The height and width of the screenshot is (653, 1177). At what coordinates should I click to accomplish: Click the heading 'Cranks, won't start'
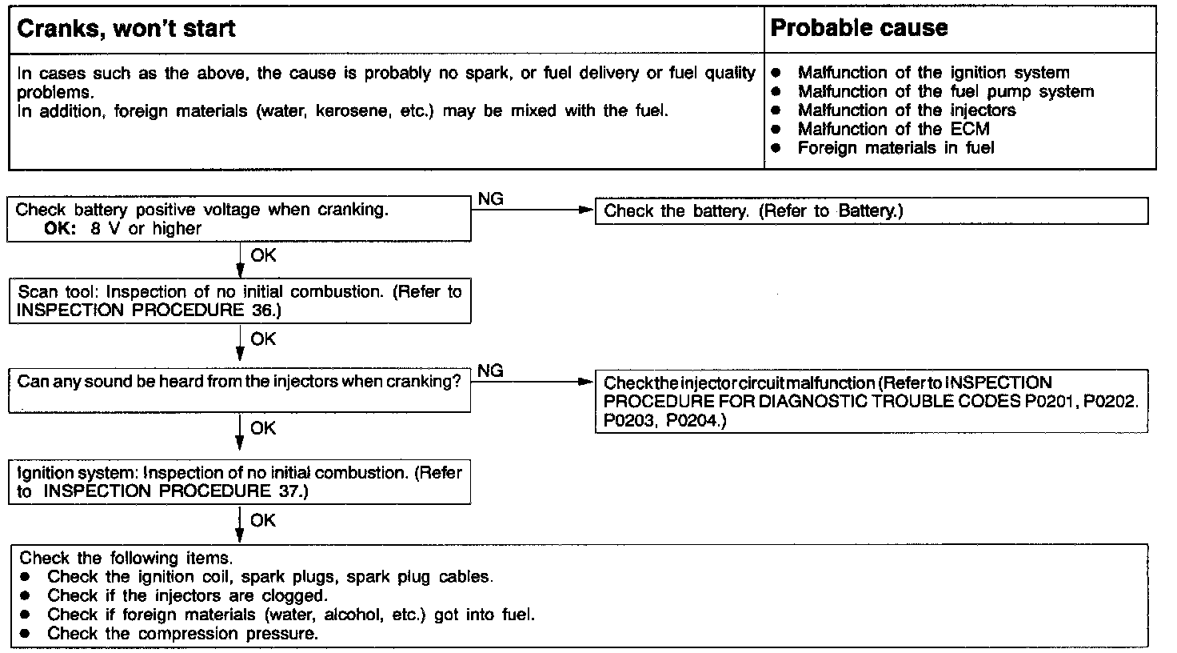(x=126, y=30)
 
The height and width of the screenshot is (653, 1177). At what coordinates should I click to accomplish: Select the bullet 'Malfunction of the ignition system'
(x=932, y=73)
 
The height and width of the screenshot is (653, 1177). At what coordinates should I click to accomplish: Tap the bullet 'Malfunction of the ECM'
(x=892, y=129)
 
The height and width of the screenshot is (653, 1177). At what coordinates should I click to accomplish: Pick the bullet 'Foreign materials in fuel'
(x=895, y=148)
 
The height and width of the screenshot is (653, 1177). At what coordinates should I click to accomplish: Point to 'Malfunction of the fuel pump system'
(x=944, y=92)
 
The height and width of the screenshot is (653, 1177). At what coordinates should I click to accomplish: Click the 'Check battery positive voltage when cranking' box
(x=240, y=218)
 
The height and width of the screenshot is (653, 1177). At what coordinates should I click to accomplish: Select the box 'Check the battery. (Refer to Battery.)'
(x=871, y=211)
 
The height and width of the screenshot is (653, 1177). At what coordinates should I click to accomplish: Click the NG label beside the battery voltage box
(x=490, y=199)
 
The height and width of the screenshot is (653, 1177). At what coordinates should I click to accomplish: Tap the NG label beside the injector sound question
(x=490, y=371)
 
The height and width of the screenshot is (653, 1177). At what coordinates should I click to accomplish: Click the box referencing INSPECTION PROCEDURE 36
(x=240, y=301)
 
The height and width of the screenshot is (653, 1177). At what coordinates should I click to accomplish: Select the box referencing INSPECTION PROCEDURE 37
(x=240, y=481)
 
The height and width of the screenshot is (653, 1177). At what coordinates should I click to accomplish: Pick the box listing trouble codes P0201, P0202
(x=871, y=402)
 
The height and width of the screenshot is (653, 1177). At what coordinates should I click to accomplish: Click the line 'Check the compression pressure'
(x=182, y=634)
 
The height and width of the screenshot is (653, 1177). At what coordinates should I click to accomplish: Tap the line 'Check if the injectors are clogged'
(x=187, y=596)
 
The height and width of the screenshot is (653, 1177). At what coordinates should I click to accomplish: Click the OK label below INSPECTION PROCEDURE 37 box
(x=263, y=521)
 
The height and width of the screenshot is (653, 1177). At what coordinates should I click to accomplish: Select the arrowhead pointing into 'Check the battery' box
(x=587, y=210)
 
